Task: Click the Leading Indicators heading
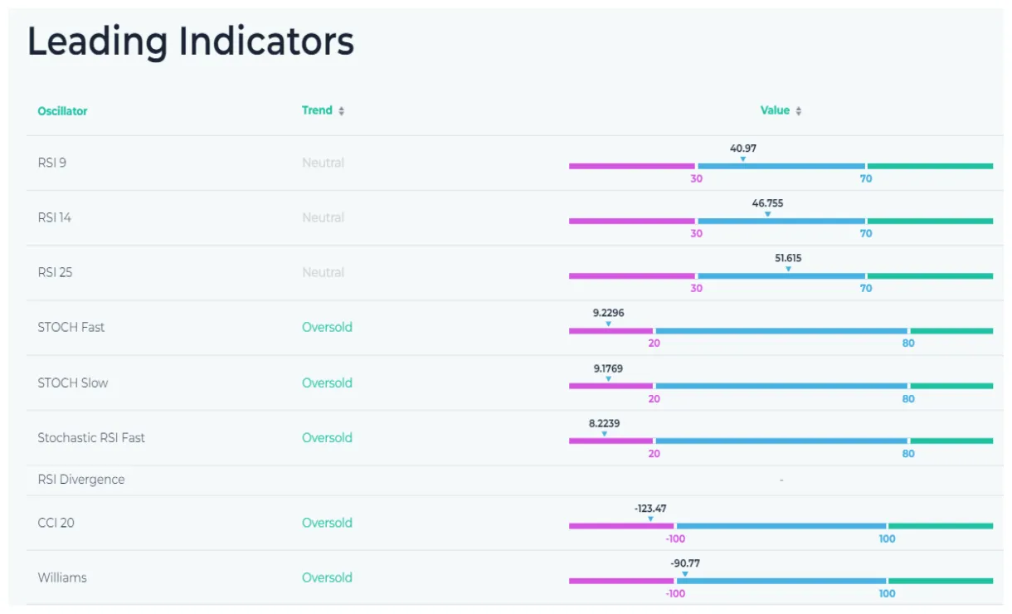[x=191, y=41]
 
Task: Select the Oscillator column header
[x=62, y=111]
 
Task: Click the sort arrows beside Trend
[x=341, y=111]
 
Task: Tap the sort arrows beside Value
[x=798, y=111]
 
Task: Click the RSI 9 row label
[x=51, y=163]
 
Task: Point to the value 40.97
[x=742, y=149]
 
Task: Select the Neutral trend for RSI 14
[x=323, y=217]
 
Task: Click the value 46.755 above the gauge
[x=767, y=203]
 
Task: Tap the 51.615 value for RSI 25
[x=788, y=258]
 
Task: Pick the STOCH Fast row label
[x=71, y=327]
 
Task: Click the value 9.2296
[x=608, y=313]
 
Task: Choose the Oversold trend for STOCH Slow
[x=327, y=383]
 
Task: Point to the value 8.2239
[x=604, y=423]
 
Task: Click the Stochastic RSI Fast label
[x=91, y=437]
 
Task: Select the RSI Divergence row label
[x=80, y=480]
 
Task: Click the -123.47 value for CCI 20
[x=650, y=509]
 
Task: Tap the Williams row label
[x=62, y=577]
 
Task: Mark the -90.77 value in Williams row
[x=685, y=563]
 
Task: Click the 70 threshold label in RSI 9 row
[x=866, y=178]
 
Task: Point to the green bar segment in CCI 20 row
[x=941, y=526]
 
